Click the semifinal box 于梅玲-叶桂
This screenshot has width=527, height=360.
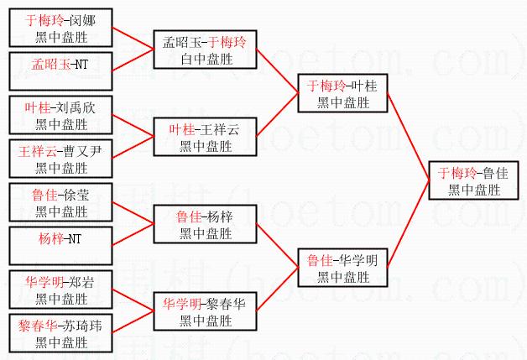(x=341, y=92)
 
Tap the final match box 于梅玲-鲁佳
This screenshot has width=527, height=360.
(x=474, y=180)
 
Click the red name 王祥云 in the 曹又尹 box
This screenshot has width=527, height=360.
(x=36, y=151)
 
